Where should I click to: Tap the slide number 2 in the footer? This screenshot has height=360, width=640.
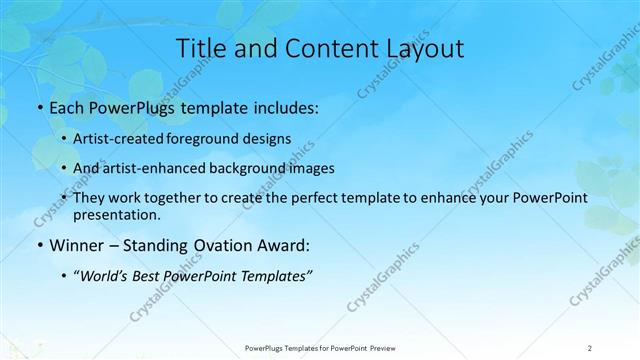[x=590, y=347]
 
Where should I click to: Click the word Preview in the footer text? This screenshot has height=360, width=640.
[x=381, y=347]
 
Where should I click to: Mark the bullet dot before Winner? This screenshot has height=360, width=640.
[x=39, y=244]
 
